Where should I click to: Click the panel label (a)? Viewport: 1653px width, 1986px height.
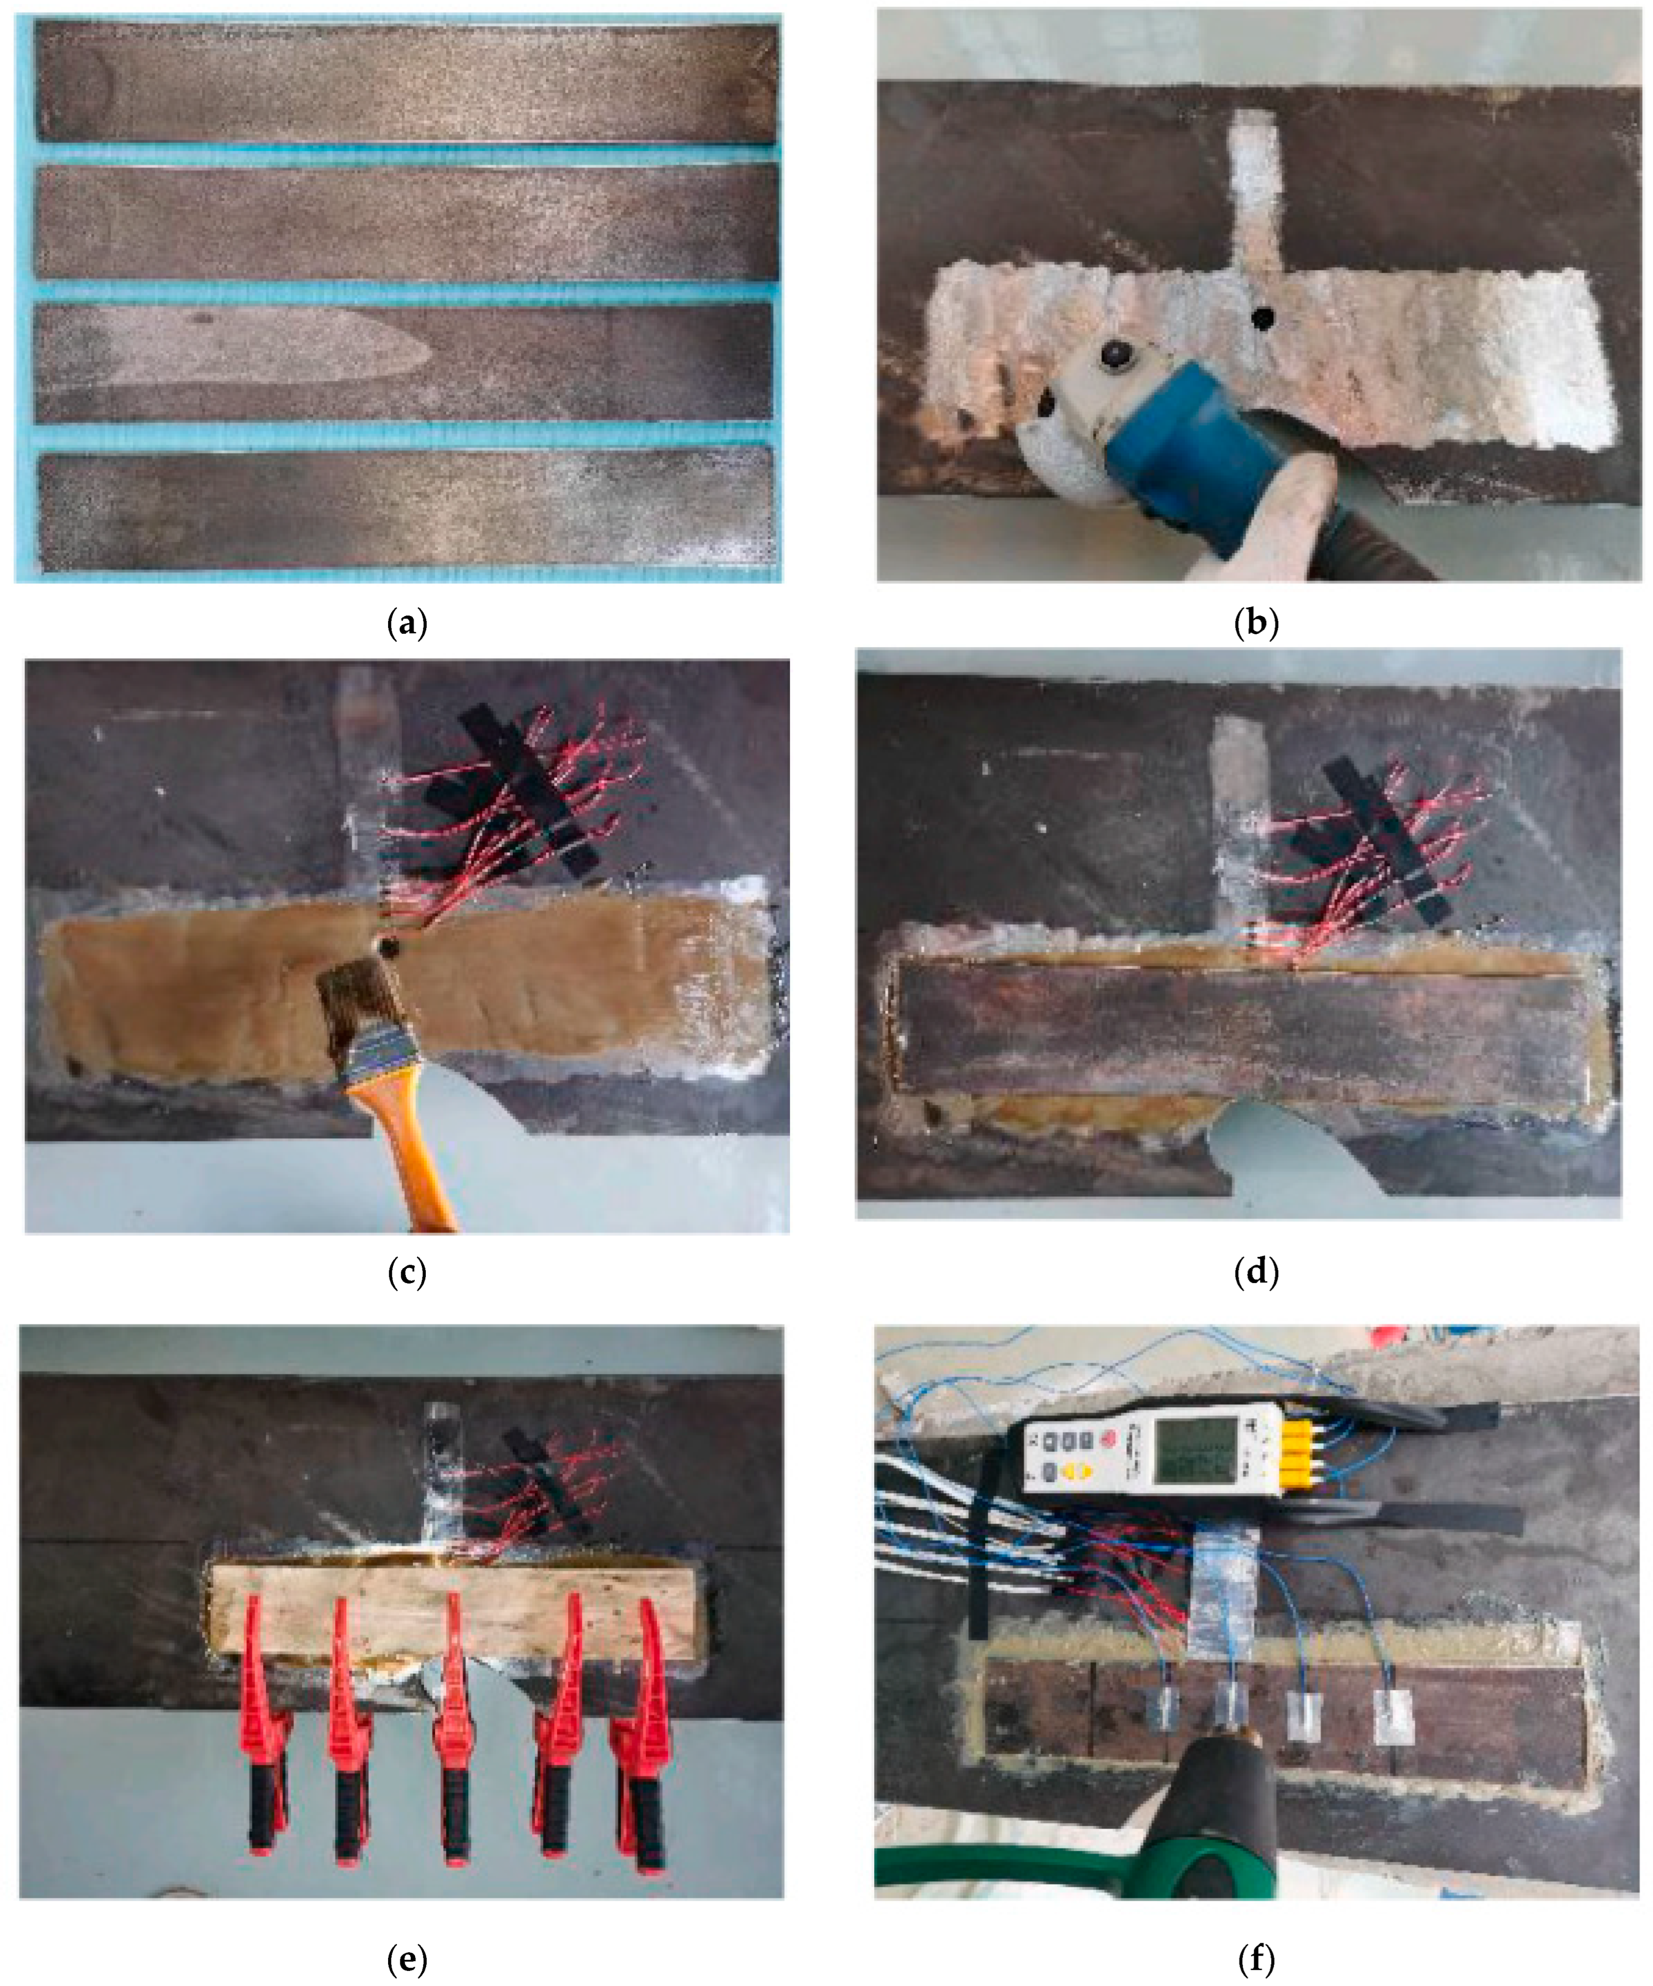tap(407, 624)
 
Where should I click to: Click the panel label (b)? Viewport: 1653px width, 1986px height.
tap(1257, 624)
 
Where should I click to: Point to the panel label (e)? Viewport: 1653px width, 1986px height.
tap(407, 1959)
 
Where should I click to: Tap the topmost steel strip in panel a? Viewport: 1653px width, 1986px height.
tap(407, 83)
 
